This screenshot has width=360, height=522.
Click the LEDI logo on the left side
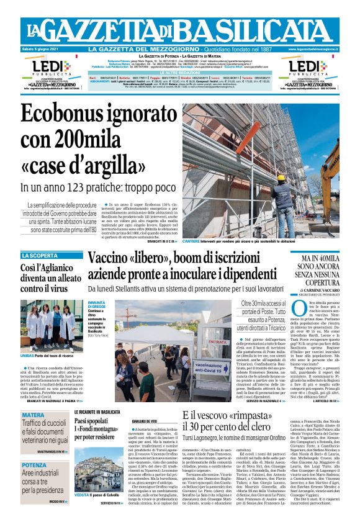pos(43,66)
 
